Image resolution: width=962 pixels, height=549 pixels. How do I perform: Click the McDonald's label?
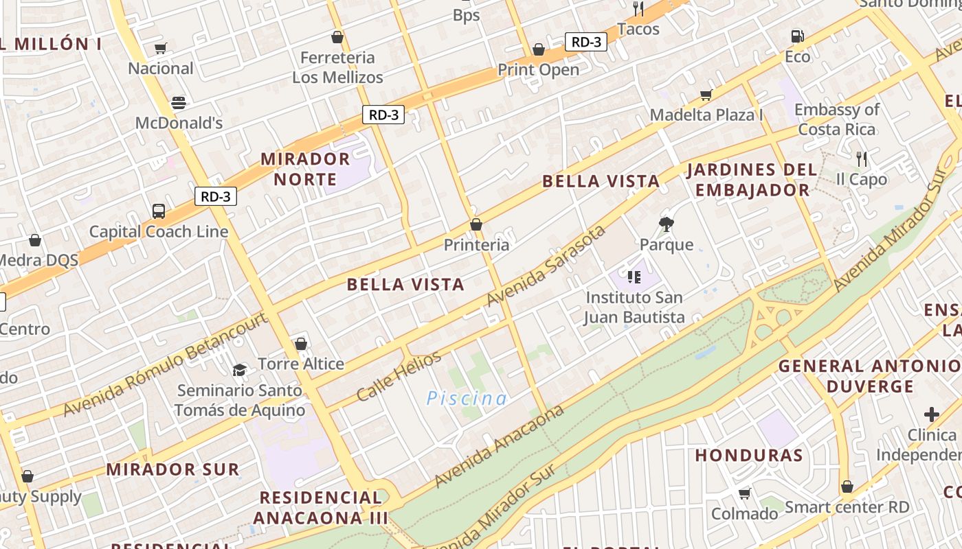(x=179, y=123)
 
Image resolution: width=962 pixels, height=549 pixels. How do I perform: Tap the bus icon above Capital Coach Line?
(x=159, y=211)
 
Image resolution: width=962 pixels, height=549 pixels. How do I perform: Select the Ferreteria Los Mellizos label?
(x=337, y=67)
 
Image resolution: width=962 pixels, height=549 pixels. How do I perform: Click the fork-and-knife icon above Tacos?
(x=638, y=9)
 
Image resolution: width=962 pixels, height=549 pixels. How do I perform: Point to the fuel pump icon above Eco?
(x=797, y=36)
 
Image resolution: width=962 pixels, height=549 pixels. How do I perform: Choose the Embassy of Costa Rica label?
(x=837, y=119)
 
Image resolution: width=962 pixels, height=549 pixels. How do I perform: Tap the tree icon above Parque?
(x=666, y=224)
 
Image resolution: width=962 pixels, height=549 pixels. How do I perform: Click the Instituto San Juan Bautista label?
(x=634, y=307)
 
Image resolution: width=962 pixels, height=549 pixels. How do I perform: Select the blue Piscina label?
(x=467, y=398)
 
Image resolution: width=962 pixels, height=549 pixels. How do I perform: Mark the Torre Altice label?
(x=301, y=363)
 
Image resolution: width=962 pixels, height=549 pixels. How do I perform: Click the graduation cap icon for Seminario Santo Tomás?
(x=239, y=370)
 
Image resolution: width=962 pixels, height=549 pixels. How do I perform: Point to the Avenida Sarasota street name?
(x=546, y=266)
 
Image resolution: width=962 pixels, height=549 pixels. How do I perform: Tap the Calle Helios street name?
(x=399, y=376)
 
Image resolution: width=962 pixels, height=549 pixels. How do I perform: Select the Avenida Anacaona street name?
(x=500, y=446)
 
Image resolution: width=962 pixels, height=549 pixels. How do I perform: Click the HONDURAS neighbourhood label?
(x=748, y=455)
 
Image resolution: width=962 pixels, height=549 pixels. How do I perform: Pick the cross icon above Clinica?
(x=932, y=414)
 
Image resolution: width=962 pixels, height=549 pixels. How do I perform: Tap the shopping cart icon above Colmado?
(x=744, y=493)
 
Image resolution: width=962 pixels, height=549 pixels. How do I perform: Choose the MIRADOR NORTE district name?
(x=305, y=169)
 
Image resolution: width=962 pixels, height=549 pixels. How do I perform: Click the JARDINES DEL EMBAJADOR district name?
(x=752, y=179)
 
